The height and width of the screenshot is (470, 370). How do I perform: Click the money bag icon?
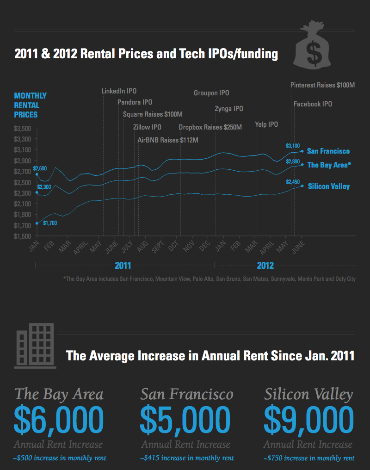[x=312, y=44]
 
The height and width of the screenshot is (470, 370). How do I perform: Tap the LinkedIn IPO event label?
[x=119, y=91]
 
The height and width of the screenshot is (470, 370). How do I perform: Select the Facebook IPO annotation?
[x=313, y=104]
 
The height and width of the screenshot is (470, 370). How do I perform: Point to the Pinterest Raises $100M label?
[x=322, y=85]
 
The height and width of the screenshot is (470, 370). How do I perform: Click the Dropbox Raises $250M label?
[x=210, y=127]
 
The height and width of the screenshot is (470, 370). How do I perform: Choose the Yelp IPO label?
[x=266, y=124]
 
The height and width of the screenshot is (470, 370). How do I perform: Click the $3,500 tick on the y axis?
[x=23, y=128]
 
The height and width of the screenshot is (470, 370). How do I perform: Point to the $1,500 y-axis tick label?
[x=23, y=236]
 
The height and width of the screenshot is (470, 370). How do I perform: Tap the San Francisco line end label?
[x=328, y=151]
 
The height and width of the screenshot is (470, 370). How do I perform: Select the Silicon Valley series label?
[x=329, y=186]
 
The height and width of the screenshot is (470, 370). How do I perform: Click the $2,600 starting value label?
[x=40, y=168]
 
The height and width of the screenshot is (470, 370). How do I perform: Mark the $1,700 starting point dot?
[x=37, y=223]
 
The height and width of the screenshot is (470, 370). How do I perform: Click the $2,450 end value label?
[x=293, y=182]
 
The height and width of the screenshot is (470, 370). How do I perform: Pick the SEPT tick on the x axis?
[x=158, y=247]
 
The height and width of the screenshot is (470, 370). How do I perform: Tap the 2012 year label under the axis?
[x=265, y=266]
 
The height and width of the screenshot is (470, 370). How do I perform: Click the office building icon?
[x=35, y=346]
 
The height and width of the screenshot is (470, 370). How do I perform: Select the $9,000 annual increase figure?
[x=308, y=419]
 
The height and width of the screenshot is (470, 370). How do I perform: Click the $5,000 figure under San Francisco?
[x=185, y=419]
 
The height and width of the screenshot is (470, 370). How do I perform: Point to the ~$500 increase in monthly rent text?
[x=60, y=458]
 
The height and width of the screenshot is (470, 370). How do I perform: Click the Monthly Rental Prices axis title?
[x=30, y=105]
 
